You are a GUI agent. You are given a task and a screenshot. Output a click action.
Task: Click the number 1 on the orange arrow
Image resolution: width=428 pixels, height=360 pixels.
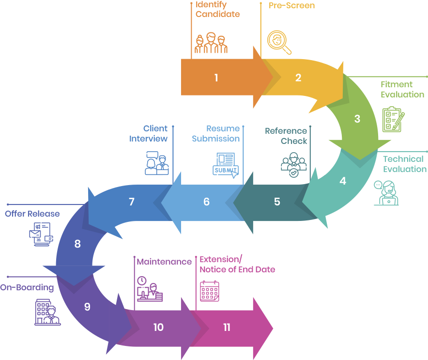pos(216,78)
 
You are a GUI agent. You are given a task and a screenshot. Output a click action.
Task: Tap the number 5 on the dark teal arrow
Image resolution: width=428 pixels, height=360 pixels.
pos(277,202)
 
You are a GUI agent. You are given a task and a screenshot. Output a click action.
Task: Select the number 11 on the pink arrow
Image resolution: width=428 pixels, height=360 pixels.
pos(227,328)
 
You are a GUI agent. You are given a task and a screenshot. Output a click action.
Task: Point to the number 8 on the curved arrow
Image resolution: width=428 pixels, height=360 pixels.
pos(77,244)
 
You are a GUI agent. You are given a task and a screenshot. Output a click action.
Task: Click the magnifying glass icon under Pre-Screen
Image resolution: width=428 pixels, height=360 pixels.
pos(280,43)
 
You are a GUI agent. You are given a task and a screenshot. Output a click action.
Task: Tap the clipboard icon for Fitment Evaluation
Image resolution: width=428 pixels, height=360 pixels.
pos(393,119)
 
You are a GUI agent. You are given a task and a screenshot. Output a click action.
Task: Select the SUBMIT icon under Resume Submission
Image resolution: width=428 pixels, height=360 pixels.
pos(226,165)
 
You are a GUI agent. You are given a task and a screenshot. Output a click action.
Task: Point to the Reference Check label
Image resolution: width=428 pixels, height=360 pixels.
pos(286,136)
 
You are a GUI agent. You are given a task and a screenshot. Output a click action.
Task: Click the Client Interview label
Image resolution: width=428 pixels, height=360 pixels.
pos(149,133)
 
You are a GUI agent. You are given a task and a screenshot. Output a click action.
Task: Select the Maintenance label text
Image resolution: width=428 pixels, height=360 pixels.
pos(164,262)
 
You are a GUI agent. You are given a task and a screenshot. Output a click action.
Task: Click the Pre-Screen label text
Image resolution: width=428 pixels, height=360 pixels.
pos(291,6)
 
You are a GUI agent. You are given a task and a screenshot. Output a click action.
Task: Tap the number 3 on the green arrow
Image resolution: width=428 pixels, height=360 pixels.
pos(357,119)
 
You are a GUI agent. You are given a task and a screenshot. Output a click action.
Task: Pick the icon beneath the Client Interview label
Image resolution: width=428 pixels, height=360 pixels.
pos(156,163)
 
